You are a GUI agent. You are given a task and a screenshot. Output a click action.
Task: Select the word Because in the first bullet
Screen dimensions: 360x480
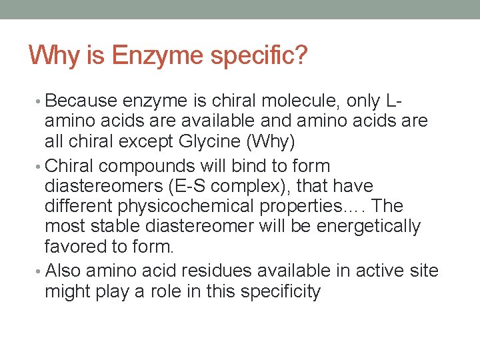coord(81,101)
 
